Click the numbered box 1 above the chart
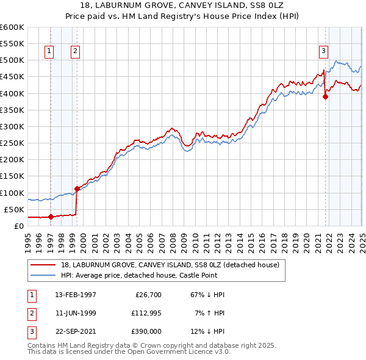(x=49, y=52)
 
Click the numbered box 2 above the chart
(x=74, y=52)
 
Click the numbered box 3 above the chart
(x=323, y=52)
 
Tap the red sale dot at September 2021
(x=325, y=96)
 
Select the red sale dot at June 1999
(x=77, y=189)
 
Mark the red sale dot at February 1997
(x=51, y=217)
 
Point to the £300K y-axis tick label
(x=12, y=126)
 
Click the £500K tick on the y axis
(x=12, y=60)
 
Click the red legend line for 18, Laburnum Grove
(x=43, y=265)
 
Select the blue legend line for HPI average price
(x=43, y=275)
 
